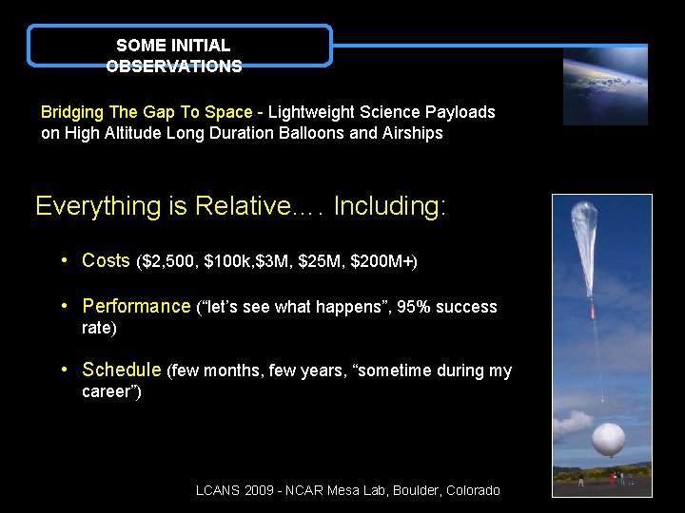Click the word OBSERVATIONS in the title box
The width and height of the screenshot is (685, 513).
[x=174, y=66]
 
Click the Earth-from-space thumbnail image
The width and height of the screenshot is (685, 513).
[x=604, y=86]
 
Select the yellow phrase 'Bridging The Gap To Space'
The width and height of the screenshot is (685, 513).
[x=147, y=112]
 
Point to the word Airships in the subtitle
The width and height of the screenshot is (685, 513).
[x=412, y=133]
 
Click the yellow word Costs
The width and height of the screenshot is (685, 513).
[x=106, y=260]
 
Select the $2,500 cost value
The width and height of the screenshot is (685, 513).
[x=167, y=261]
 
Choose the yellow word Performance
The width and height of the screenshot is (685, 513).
[x=136, y=306]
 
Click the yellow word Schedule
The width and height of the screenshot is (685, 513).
[x=121, y=370]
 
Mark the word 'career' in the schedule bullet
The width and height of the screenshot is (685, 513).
[x=108, y=392]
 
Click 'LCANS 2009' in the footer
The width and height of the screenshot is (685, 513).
[x=233, y=490]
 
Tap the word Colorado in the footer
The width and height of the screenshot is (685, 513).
[x=467, y=490]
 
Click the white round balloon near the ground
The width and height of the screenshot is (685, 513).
[x=608, y=440]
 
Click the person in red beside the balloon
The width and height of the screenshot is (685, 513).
[x=613, y=477]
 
